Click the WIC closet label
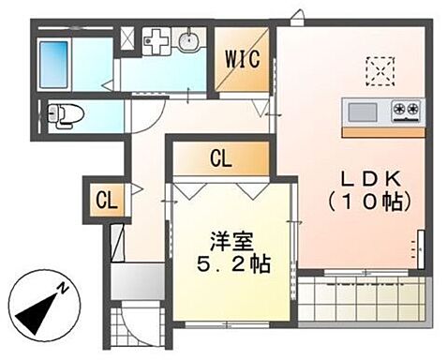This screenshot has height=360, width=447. pos(243,58)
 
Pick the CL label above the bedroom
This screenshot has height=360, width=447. pos(220,159)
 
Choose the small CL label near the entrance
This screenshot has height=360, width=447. pos(106,199)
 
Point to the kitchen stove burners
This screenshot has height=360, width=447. pos(407,111)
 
